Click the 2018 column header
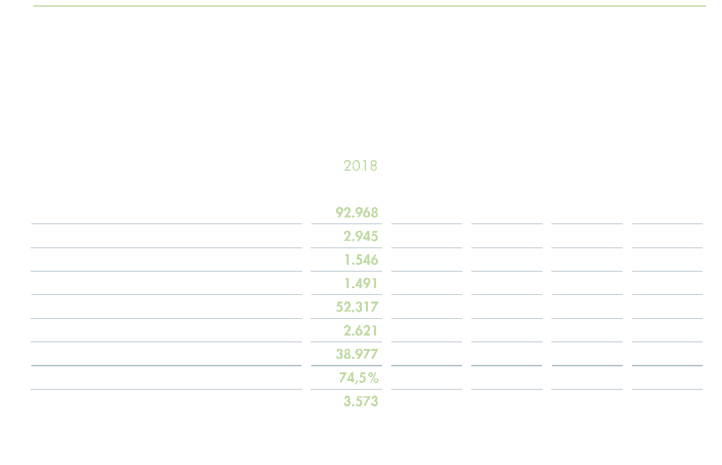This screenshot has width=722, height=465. (360, 165)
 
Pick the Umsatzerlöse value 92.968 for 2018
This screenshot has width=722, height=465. (356, 213)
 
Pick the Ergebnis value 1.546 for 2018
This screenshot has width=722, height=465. (360, 260)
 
